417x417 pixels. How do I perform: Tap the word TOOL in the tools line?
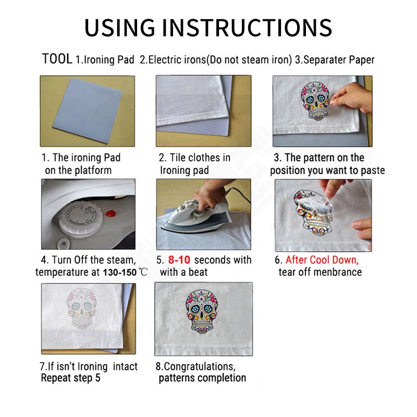57,59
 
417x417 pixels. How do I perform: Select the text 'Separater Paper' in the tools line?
339,60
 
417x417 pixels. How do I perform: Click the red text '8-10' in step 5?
179,260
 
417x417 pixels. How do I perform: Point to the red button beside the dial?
111,213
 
